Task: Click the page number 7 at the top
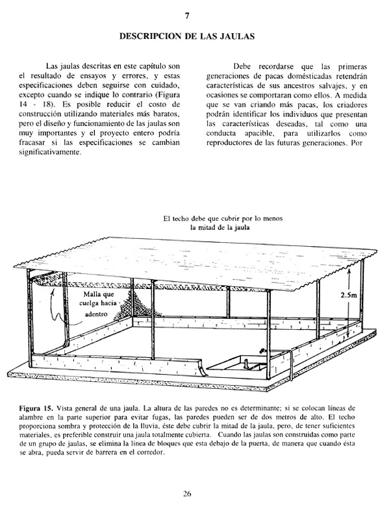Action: (187, 15)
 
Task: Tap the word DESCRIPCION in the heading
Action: (150, 38)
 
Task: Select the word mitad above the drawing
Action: (210, 229)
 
